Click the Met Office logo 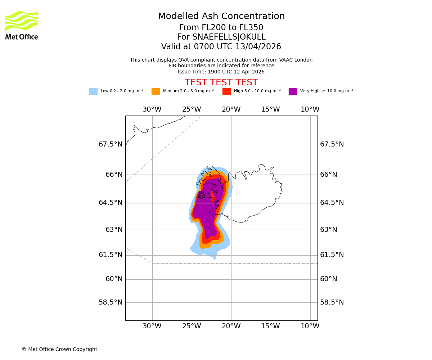tap(22, 25)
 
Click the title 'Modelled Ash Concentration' tap(221, 17)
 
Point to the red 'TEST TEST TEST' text tap(221, 82)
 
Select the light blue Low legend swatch tap(93, 91)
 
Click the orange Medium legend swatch tap(156, 91)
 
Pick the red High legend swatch tap(226, 91)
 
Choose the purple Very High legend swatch tap(293, 91)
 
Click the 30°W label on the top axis tap(152, 109)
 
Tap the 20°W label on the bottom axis tap(231, 326)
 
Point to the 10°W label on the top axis tap(310, 109)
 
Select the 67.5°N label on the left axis tap(111, 144)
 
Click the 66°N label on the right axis tap(329, 175)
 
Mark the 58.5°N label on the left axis tap(111, 302)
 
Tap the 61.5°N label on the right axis tap(332, 255)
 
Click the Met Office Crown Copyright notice tap(59, 349)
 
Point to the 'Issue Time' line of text tap(221, 72)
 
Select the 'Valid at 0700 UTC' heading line tap(221, 47)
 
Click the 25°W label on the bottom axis tap(192, 326)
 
